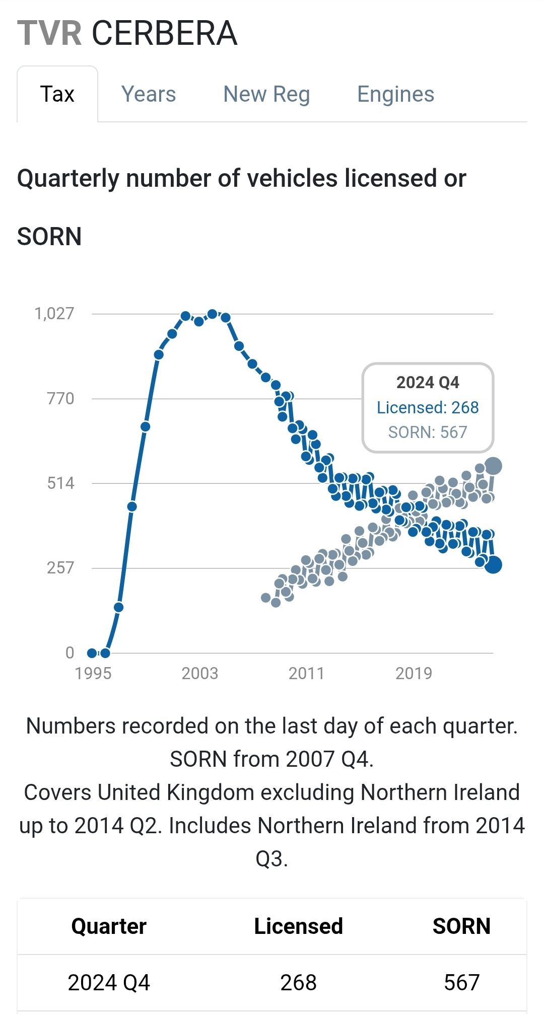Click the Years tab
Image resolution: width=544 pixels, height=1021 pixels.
click(x=149, y=94)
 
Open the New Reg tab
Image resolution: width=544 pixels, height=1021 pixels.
click(x=266, y=94)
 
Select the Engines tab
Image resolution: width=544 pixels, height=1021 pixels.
click(x=395, y=94)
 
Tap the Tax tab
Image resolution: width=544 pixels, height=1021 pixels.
click(x=57, y=94)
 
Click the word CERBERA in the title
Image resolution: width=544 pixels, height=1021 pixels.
click(x=164, y=33)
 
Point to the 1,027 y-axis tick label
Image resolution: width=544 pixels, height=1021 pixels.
click(x=54, y=314)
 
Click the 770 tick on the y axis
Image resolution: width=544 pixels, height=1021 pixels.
click(x=60, y=399)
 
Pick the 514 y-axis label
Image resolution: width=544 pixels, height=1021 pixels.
click(x=60, y=483)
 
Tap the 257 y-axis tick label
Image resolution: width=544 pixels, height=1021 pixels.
click(x=60, y=568)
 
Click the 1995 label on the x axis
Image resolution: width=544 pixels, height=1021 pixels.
click(x=93, y=673)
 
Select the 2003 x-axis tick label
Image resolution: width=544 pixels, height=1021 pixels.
click(x=200, y=673)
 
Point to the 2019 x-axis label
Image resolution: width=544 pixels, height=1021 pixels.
click(x=414, y=673)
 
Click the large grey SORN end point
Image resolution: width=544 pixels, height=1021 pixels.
click(x=493, y=466)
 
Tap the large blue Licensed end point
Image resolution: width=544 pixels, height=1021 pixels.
click(x=493, y=565)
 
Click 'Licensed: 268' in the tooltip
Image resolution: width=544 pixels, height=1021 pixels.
click(x=428, y=407)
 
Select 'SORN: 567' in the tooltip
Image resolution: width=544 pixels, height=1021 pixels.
click(x=428, y=432)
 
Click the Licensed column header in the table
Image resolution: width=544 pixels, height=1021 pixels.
click(x=298, y=926)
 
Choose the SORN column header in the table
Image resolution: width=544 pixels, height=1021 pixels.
click(x=461, y=926)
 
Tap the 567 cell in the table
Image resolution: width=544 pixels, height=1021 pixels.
click(x=461, y=983)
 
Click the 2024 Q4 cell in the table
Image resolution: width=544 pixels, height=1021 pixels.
click(x=109, y=983)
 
